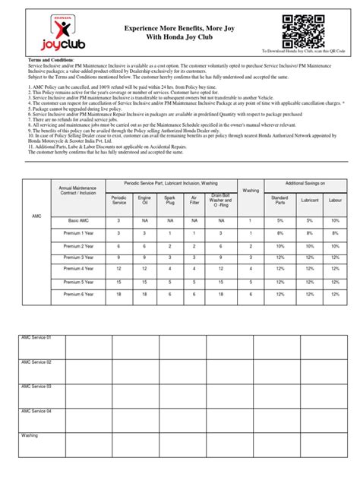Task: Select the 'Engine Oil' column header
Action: pos(144,201)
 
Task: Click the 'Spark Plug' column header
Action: pos(169,201)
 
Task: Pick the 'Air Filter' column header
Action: pos(194,201)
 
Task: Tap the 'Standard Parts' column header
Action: pos(280,201)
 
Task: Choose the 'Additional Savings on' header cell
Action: pos(305,185)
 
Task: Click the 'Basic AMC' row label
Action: pos(76,220)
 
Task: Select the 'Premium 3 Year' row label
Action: pos(76,257)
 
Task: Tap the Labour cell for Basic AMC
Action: pos(335,220)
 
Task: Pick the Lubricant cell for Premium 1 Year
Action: pos(308,233)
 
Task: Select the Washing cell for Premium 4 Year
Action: pos(250,269)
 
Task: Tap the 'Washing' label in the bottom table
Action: pos(30,436)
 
